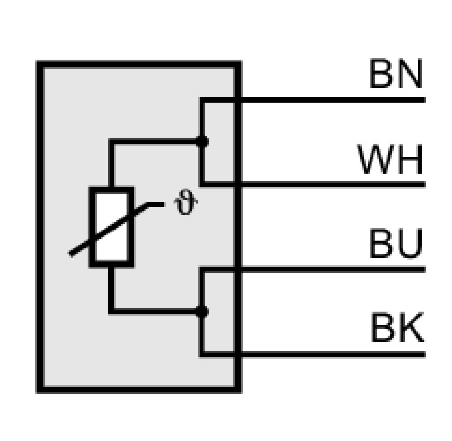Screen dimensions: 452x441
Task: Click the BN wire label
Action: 395,73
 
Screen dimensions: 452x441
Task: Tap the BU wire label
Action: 395,243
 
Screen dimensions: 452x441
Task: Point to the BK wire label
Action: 397,327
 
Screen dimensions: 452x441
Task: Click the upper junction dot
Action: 202,142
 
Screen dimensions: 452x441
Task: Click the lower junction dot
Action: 202,312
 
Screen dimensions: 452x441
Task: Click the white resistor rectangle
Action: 112,227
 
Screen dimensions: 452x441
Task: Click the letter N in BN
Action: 410,73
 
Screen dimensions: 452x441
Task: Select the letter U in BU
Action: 410,243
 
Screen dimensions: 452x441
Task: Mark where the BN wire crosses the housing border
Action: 238,100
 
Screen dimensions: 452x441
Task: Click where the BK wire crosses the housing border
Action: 238,354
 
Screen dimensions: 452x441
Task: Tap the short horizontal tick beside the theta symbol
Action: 155,204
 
